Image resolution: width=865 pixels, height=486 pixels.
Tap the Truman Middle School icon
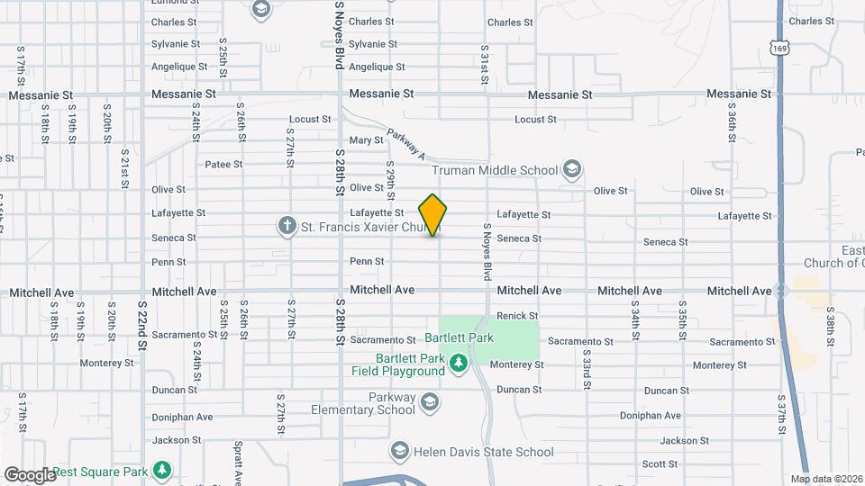[571, 168]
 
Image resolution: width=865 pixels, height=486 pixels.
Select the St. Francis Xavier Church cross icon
[287, 225]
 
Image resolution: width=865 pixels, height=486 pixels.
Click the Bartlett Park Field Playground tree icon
[460, 363]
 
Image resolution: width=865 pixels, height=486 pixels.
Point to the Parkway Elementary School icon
[429, 401]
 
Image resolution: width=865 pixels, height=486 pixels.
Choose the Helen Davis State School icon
[398, 450]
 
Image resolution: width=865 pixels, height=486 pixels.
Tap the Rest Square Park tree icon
[162, 470]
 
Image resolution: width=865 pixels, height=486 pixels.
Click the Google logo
[29, 474]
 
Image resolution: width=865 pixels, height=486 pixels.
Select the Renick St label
[517, 316]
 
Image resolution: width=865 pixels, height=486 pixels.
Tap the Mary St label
[366, 140]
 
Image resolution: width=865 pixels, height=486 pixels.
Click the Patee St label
[224, 164]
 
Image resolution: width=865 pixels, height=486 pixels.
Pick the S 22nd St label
[141, 319]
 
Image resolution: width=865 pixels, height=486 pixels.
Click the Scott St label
[660, 463]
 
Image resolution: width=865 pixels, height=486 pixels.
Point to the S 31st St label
[485, 67]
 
